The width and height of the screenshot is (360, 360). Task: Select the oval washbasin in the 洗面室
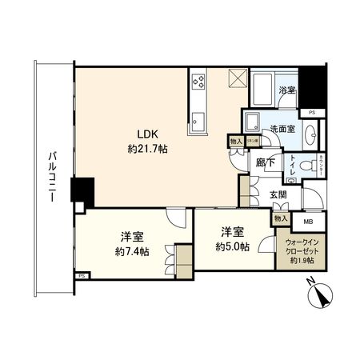(253, 121)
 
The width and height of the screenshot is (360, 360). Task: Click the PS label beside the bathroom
(312, 113)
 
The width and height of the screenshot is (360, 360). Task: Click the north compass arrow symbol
(321, 299)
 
